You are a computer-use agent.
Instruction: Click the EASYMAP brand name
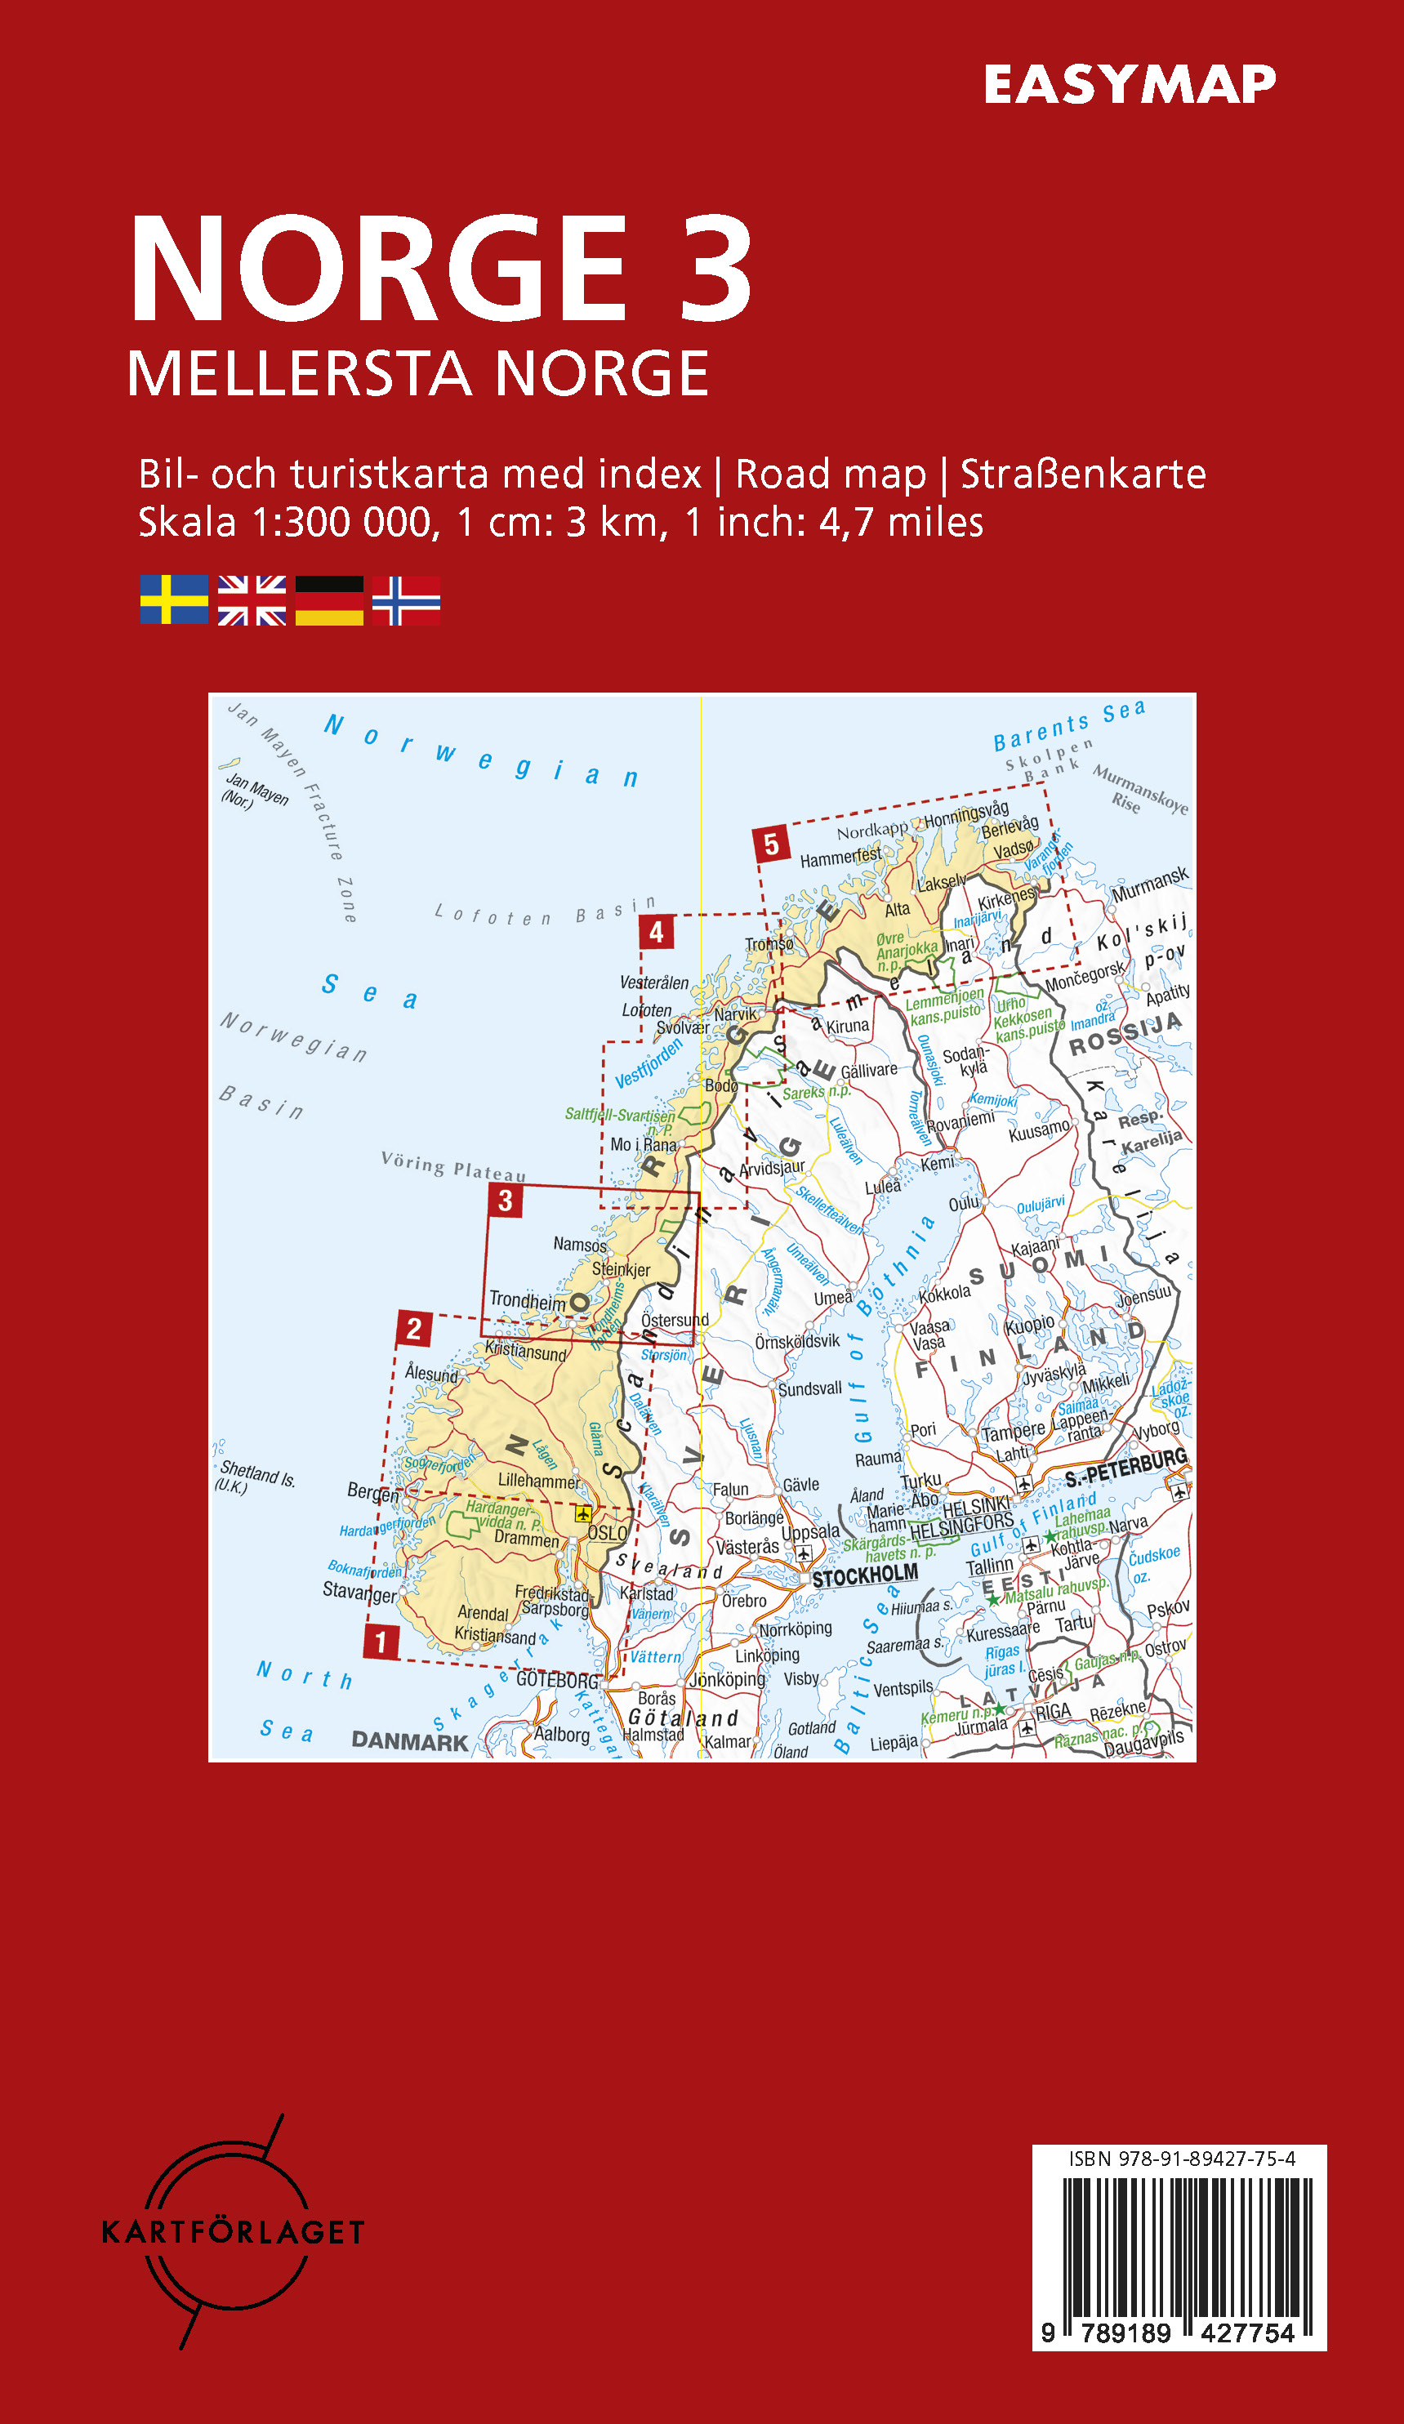[x=1129, y=85]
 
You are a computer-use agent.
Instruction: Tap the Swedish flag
[x=174, y=600]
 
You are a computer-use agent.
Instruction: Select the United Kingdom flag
[x=252, y=600]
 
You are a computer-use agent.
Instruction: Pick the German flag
[x=329, y=600]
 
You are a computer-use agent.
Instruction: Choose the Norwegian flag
[x=406, y=600]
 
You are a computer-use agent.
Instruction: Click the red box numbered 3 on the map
[x=505, y=1201]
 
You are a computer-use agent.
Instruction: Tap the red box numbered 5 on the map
[x=771, y=844]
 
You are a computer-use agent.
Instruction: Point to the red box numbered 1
[x=381, y=1641]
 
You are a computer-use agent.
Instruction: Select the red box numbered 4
[x=656, y=931]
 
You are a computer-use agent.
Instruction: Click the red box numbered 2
[x=413, y=1330]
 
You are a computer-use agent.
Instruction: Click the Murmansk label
[x=1150, y=883]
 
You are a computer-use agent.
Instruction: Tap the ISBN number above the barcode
[x=1182, y=2159]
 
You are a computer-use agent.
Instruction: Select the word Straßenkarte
[x=1083, y=475]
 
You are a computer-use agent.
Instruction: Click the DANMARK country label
[x=410, y=1740]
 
